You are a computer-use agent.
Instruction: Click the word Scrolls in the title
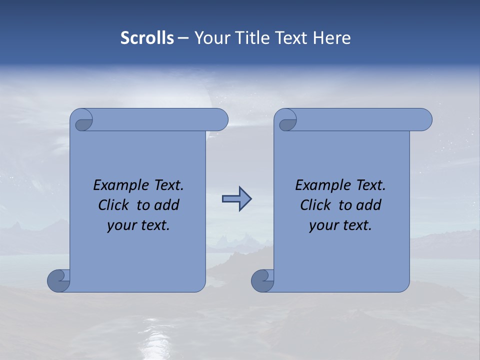(147, 38)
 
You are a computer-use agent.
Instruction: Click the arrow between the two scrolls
(236, 199)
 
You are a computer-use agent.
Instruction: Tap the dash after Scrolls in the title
(183, 38)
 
